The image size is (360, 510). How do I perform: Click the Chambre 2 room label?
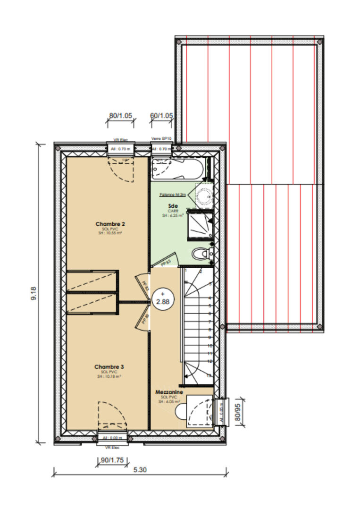coord(110,223)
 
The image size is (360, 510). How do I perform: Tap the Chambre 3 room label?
coord(109,366)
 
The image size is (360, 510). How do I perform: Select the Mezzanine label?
coord(169,392)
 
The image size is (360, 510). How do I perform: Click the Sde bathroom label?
coord(173,206)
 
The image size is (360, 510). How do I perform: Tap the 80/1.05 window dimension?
coord(120,116)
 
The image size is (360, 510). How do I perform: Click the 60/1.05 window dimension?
coord(161,116)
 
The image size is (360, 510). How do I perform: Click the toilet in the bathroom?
coord(202,253)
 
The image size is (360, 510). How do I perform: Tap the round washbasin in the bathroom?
coord(205,195)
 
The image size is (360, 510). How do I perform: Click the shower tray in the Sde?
coord(200,224)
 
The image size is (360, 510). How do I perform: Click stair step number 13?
coord(209,375)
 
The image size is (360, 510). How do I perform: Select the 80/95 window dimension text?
coord(238,412)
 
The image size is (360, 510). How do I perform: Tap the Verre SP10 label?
coord(160,139)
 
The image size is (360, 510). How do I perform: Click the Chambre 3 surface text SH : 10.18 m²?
coord(109,376)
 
